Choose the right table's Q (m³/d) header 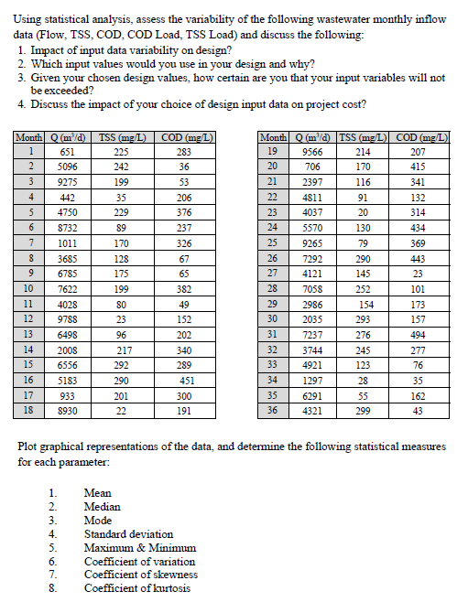pyautogui.click(x=311, y=136)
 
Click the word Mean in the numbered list pyautogui.click(x=97, y=492)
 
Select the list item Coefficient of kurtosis pyautogui.click(x=137, y=588)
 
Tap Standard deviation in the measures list pyautogui.click(x=128, y=533)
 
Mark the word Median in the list pyautogui.click(x=102, y=506)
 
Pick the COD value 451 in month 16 pyautogui.click(x=186, y=379)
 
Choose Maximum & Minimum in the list pyautogui.click(x=138, y=547)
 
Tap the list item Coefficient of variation pyautogui.click(x=139, y=561)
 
